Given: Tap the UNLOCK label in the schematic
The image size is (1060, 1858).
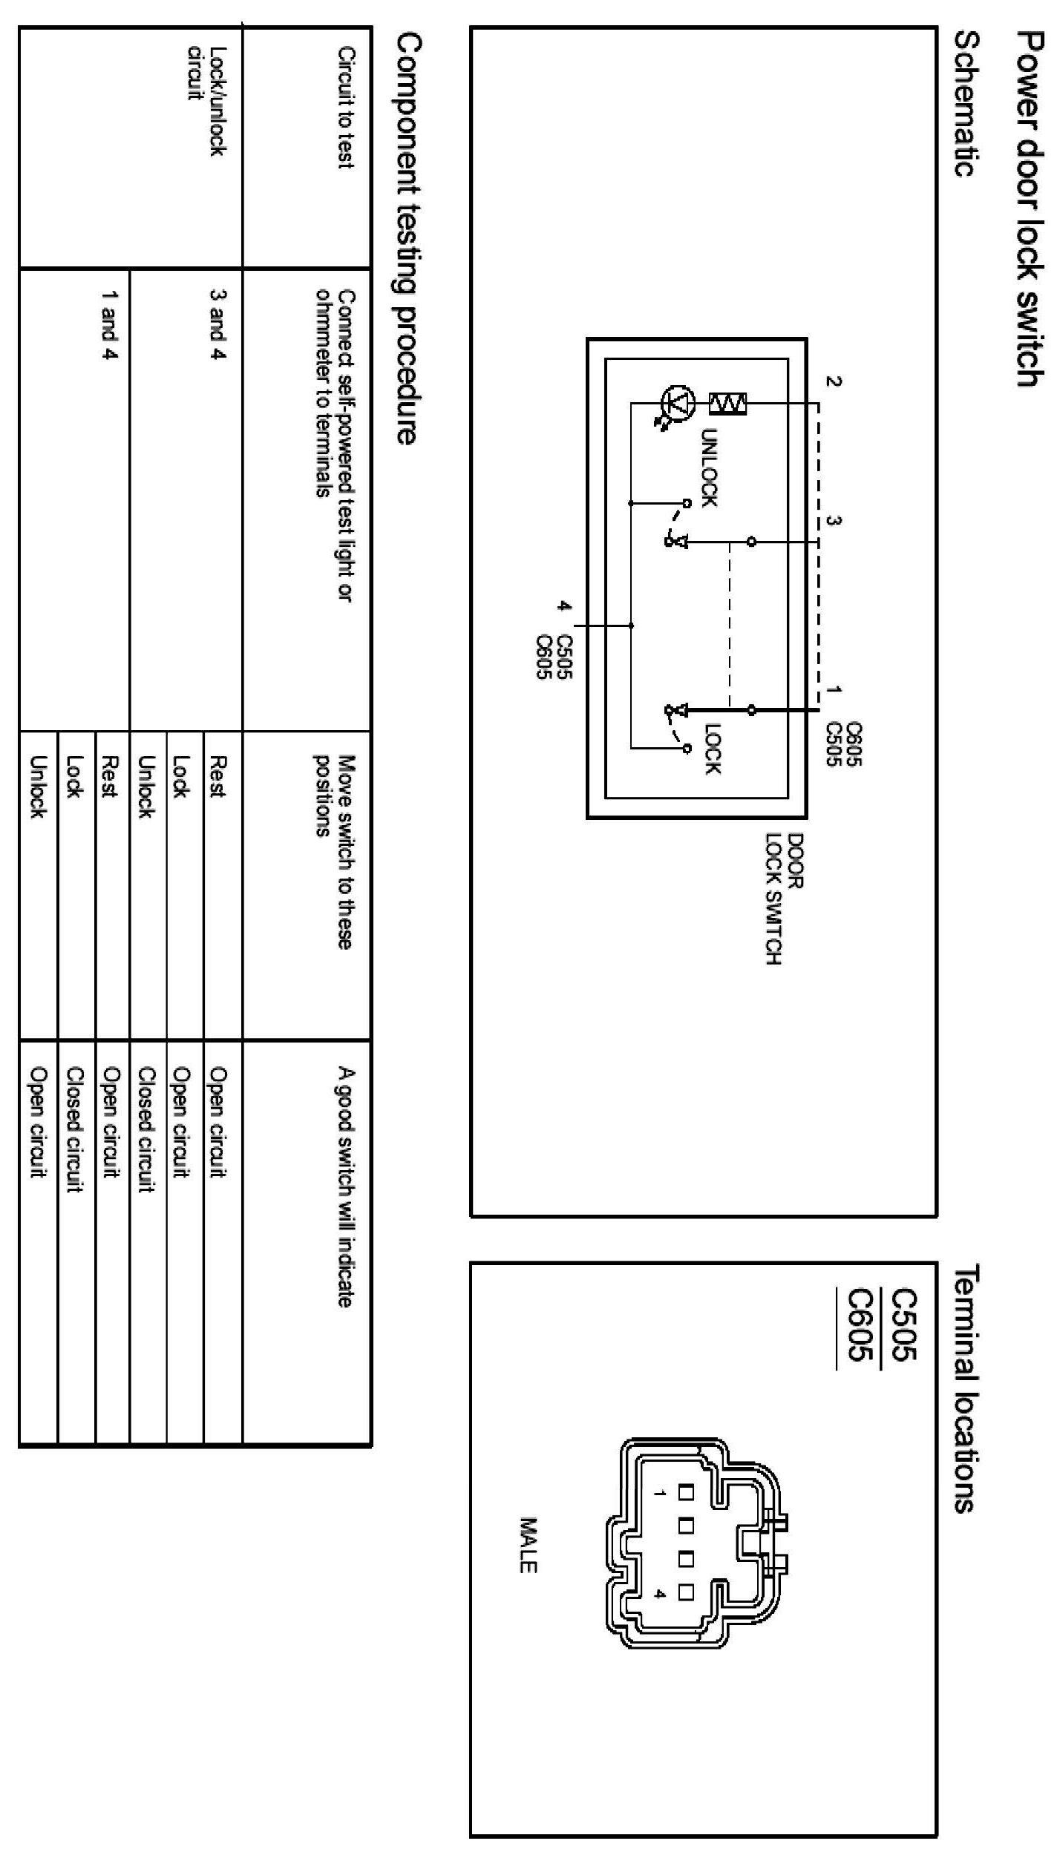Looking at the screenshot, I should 709,467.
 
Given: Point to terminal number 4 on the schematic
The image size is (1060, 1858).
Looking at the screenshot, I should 565,606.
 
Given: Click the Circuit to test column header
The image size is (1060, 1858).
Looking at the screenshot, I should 345,108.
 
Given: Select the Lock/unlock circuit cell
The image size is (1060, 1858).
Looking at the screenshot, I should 206,101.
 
